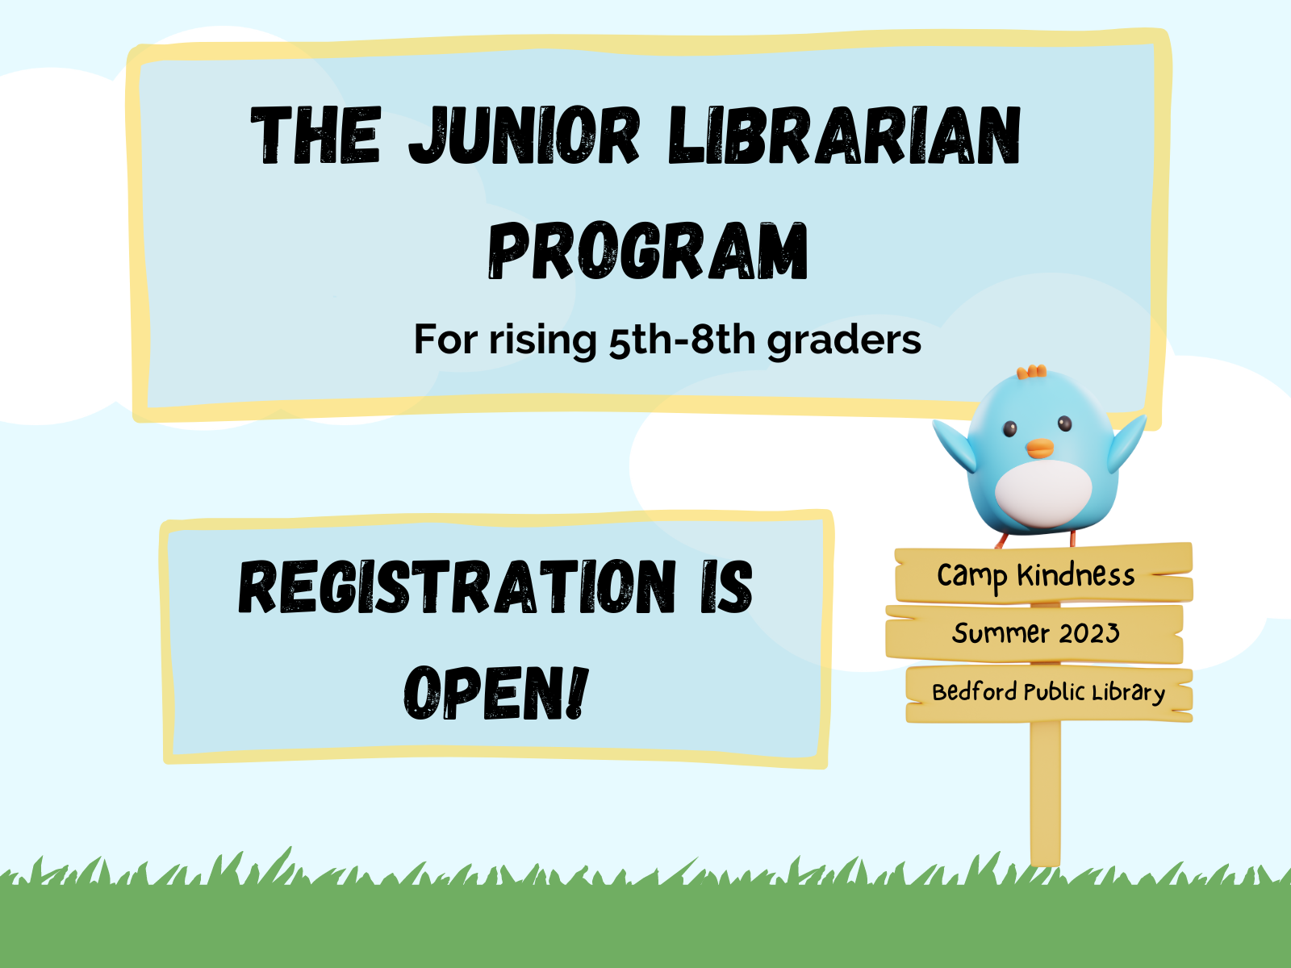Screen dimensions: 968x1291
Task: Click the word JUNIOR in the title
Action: point(524,136)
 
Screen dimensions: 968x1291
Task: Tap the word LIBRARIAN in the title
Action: point(845,136)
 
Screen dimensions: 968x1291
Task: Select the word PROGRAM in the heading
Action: point(648,252)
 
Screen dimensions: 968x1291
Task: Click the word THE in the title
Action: point(315,136)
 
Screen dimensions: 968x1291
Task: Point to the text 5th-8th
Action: point(682,340)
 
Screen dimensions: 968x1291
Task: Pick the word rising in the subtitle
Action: point(541,340)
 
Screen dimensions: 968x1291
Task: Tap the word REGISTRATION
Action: point(457,587)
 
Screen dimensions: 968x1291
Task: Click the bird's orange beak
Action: point(1040,449)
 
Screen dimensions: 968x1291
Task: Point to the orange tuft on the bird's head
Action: point(1032,372)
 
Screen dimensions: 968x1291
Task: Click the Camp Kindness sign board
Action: point(1042,574)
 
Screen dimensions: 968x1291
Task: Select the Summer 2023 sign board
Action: point(1034,633)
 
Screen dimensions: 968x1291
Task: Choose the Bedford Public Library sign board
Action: point(1048,693)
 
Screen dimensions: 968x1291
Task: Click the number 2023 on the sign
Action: point(1089,633)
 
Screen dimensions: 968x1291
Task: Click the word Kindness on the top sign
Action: point(1076,575)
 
